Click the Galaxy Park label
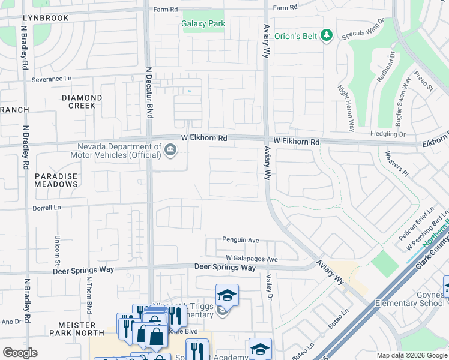[x=203, y=24]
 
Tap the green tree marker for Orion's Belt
[x=327, y=36]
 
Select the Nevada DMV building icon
[x=170, y=149]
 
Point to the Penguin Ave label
[x=240, y=240]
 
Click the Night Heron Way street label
[x=346, y=108]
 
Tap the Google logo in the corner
[x=20, y=353]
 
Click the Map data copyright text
[x=411, y=355]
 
